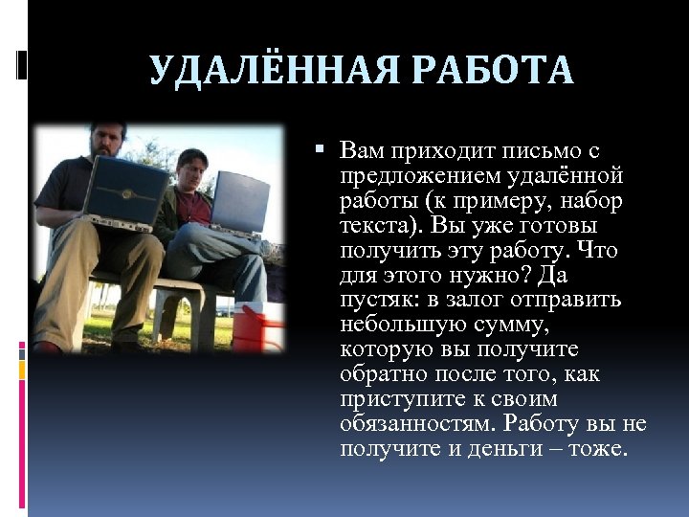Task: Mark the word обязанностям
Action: [413, 424]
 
